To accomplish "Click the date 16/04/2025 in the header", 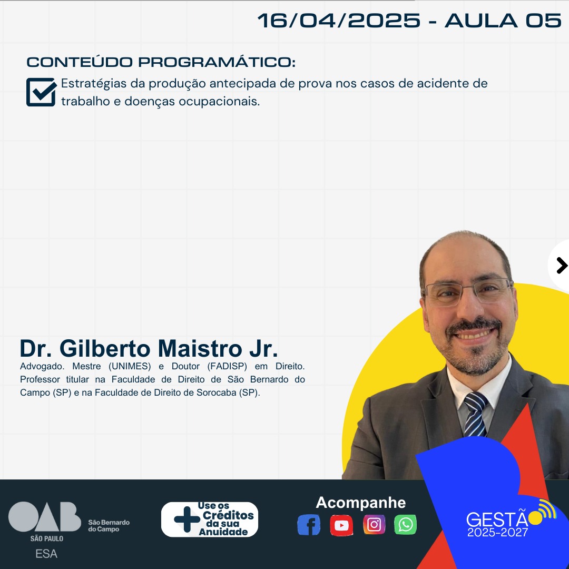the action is (339, 21).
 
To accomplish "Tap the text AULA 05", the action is (503, 21).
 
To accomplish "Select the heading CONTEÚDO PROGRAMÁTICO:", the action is (161, 62).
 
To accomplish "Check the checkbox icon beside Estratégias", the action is (42, 92).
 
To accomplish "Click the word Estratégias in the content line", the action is (94, 84).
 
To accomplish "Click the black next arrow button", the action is (562, 266).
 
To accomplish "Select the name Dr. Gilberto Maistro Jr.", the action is (149, 348).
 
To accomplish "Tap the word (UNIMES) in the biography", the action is (130, 366).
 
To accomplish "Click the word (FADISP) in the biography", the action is (227, 366).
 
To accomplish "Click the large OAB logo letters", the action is (45, 517).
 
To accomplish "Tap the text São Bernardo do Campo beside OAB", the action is (109, 526).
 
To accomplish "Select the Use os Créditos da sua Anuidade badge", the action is (210, 519).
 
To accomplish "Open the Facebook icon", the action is (309, 525).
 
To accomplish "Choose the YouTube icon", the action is (341, 525).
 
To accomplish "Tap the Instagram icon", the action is (374, 524).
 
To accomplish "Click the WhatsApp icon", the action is (405, 524).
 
